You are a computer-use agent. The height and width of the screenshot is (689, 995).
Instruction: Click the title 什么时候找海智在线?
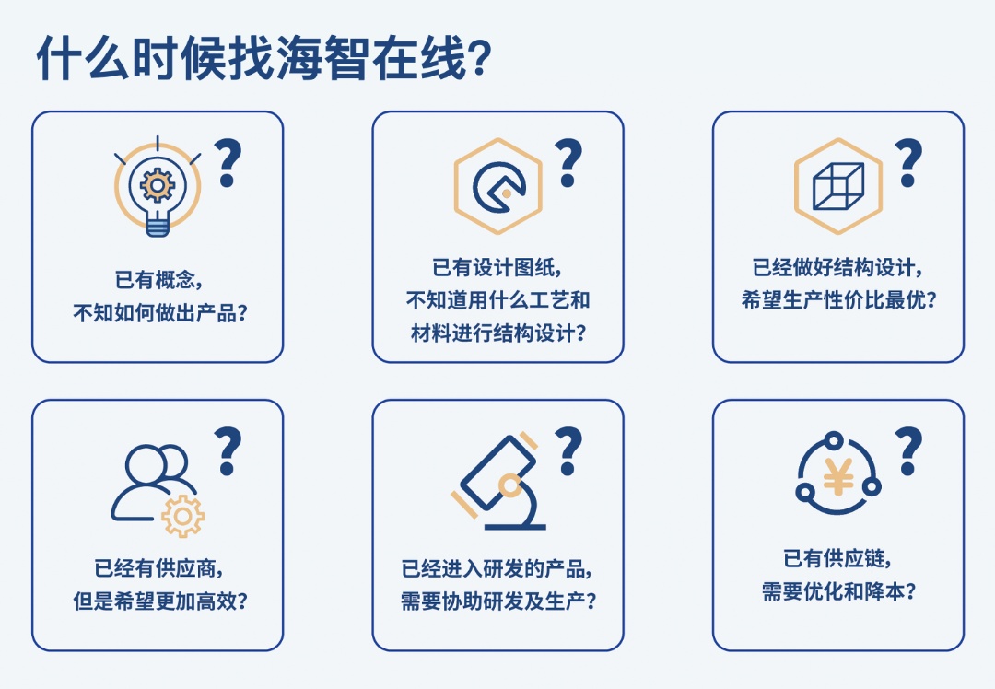pyautogui.click(x=264, y=58)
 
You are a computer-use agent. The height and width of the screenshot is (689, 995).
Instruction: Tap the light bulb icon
pyautogui.click(x=158, y=186)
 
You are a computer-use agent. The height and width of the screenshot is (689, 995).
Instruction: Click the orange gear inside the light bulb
pyautogui.click(x=158, y=185)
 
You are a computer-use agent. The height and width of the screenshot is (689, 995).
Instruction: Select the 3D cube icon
pyautogui.click(x=838, y=186)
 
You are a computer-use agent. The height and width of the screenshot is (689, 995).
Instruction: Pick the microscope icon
pyautogui.click(x=498, y=482)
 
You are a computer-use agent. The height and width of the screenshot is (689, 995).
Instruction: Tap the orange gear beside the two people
pyautogui.click(x=182, y=517)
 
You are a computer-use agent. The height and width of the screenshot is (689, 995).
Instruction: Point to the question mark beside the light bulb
pyautogui.click(x=228, y=163)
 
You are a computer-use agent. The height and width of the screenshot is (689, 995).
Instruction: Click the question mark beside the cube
pyautogui.click(x=908, y=163)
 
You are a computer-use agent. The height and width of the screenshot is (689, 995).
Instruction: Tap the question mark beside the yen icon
pyautogui.click(x=908, y=451)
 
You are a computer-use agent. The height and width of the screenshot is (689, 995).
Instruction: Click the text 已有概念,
pyautogui.click(x=158, y=280)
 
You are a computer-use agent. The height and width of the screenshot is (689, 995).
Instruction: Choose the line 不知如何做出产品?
pyautogui.click(x=160, y=313)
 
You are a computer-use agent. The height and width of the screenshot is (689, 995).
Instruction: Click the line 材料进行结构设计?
pyautogui.click(x=498, y=333)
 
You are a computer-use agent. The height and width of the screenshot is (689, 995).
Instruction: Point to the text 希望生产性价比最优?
pyautogui.click(x=839, y=300)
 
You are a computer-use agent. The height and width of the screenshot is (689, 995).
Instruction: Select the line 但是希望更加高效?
pyautogui.click(x=160, y=601)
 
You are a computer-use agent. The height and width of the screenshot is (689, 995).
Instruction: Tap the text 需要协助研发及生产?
pyautogui.click(x=498, y=601)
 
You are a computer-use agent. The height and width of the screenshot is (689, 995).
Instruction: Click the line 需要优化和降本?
pyautogui.click(x=839, y=592)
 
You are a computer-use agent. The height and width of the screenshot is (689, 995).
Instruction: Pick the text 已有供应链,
pyautogui.click(x=837, y=559)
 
